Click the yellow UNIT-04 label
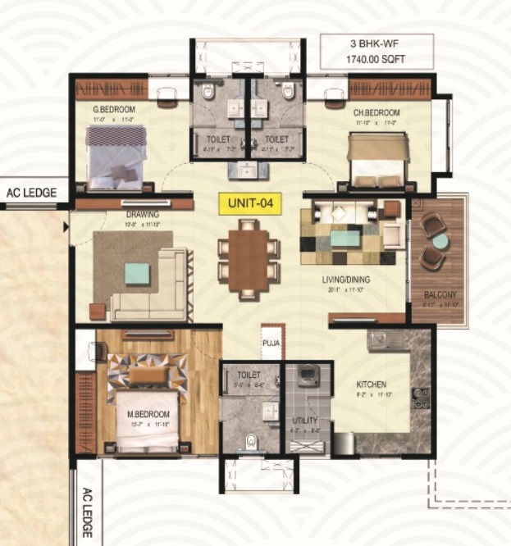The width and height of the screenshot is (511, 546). (x=249, y=200)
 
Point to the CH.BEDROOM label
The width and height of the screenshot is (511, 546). (x=376, y=111)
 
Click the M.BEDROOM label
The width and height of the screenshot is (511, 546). (x=148, y=414)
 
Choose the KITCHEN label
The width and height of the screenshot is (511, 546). (x=371, y=384)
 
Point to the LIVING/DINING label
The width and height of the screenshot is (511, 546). (x=345, y=280)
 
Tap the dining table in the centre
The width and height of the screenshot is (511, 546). (x=249, y=261)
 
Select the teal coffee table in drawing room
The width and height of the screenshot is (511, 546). (x=137, y=273)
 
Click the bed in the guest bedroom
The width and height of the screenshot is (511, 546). (x=116, y=156)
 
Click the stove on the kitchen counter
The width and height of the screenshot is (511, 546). (x=420, y=398)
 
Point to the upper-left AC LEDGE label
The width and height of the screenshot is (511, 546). (x=31, y=193)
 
